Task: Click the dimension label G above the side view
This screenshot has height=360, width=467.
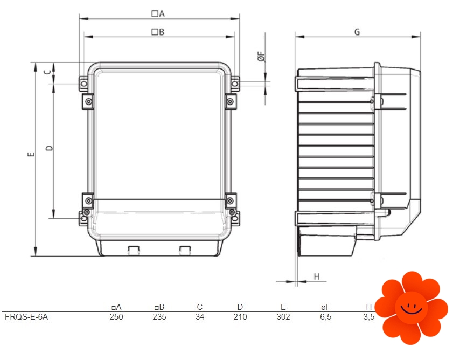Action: pos(357,32)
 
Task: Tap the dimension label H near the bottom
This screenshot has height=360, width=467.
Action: pos(317,276)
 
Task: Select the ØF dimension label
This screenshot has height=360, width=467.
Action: pos(261,57)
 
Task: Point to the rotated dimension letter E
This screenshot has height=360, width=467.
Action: pos(31,154)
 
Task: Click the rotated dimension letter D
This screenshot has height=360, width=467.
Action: pos(50,148)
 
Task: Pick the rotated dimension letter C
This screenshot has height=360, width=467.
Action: pos(47,72)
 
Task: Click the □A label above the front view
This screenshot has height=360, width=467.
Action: pos(158,13)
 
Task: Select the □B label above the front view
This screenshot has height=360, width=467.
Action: pos(158,32)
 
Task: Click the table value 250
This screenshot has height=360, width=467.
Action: pos(116,317)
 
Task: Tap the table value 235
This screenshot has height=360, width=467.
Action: pos(159,317)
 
